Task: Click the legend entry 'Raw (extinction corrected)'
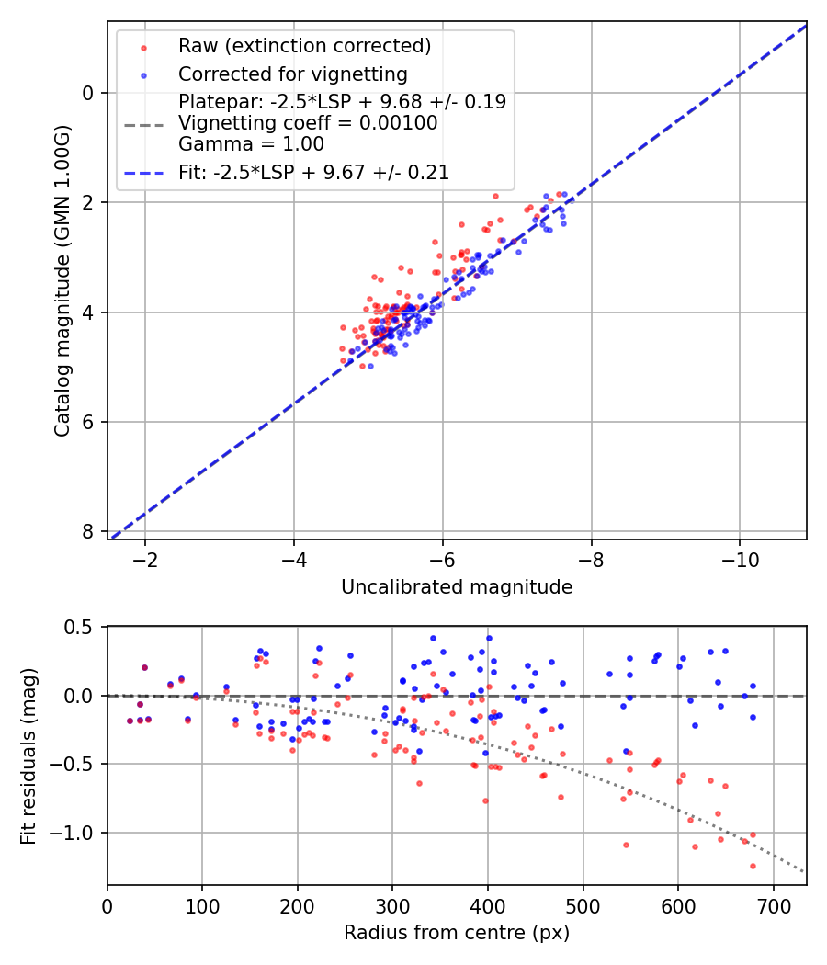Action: tap(304, 46)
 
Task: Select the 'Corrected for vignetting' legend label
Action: tap(292, 74)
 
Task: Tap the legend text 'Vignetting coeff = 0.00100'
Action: tap(308, 122)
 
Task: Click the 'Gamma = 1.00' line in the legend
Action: tap(251, 144)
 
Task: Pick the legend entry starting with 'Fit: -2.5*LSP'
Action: tap(313, 172)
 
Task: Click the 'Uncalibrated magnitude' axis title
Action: tap(457, 587)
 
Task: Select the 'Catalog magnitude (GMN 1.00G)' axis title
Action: tap(62, 279)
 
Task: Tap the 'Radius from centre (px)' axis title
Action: tap(457, 933)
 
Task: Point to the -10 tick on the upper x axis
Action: tap(740, 559)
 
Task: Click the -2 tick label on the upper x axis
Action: tap(145, 559)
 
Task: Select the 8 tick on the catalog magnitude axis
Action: tap(88, 532)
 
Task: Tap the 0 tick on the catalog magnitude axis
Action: tap(88, 93)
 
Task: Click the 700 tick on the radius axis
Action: tap(773, 904)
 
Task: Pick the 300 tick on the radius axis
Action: tap(392, 904)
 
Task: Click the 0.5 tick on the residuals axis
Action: tap(81, 627)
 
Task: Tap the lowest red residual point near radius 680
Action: tap(753, 866)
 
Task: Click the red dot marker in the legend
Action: tap(143, 46)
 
